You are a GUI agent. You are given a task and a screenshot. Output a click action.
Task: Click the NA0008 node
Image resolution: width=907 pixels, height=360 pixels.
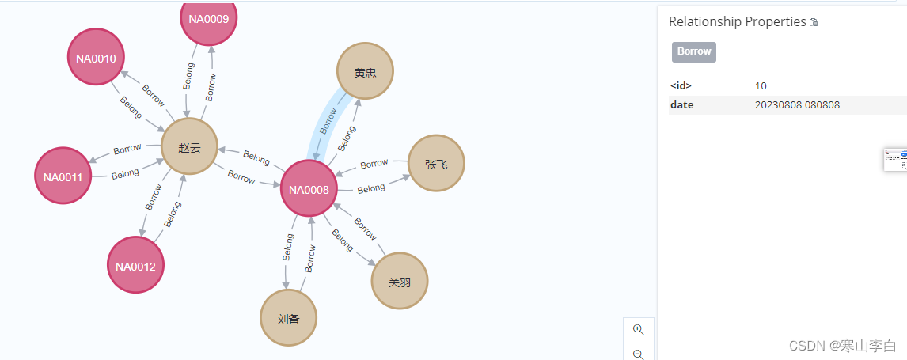pyautogui.click(x=309, y=188)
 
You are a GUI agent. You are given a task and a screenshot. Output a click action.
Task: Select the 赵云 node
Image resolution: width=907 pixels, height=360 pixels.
pyautogui.click(x=189, y=146)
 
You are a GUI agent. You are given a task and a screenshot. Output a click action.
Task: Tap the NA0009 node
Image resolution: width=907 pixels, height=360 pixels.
pyautogui.click(x=209, y=19)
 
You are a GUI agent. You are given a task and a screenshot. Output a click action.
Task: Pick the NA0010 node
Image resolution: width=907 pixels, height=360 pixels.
pyautogui.click(x=96, y=58)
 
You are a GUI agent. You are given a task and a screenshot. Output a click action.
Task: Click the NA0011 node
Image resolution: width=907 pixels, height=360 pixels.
pyautogui.click(x=63, y=176)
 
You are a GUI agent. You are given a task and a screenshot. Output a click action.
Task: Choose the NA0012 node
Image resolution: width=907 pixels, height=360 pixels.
pyautogui.click(x=135, y=265)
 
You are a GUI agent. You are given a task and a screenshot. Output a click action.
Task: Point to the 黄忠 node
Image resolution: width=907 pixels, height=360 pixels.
pyautogui.click(x=365, y=73)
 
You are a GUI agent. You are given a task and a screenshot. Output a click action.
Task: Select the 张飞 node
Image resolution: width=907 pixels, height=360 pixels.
pyautogui.click(x=435, y=163)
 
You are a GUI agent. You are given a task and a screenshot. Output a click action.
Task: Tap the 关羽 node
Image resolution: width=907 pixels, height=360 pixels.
pyautogui.click(x=400, y=282)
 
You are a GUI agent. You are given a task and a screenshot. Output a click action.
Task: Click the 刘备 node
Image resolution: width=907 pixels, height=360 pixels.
pyautogui.click(x=288, y=318)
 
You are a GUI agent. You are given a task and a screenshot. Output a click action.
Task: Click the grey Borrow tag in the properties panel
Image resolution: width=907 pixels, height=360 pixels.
pyautogui.click(x=694, y=51)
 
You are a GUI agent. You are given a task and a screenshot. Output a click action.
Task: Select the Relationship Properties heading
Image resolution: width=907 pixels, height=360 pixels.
pyautogui.click(x=737, y=22)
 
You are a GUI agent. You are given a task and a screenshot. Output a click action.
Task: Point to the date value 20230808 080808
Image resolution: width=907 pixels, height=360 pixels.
pyautogui.click(x=797, y=104)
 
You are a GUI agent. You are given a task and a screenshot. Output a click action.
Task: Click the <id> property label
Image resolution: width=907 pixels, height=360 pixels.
pyautogui.click(x=681, y=85)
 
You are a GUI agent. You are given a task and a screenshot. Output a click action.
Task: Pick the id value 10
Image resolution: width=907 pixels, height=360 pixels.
pyautogui.click(x=761, y=85)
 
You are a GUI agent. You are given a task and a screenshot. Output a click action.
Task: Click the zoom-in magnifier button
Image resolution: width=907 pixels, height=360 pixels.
pyautogui.click(x=639, y=329)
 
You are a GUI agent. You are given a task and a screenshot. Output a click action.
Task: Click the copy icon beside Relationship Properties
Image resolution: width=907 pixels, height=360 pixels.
pyautogui.click(x=814, y=23)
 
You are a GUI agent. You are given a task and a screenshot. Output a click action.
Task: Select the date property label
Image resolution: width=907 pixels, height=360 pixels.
pyautogui.click(x=681, y=104)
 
